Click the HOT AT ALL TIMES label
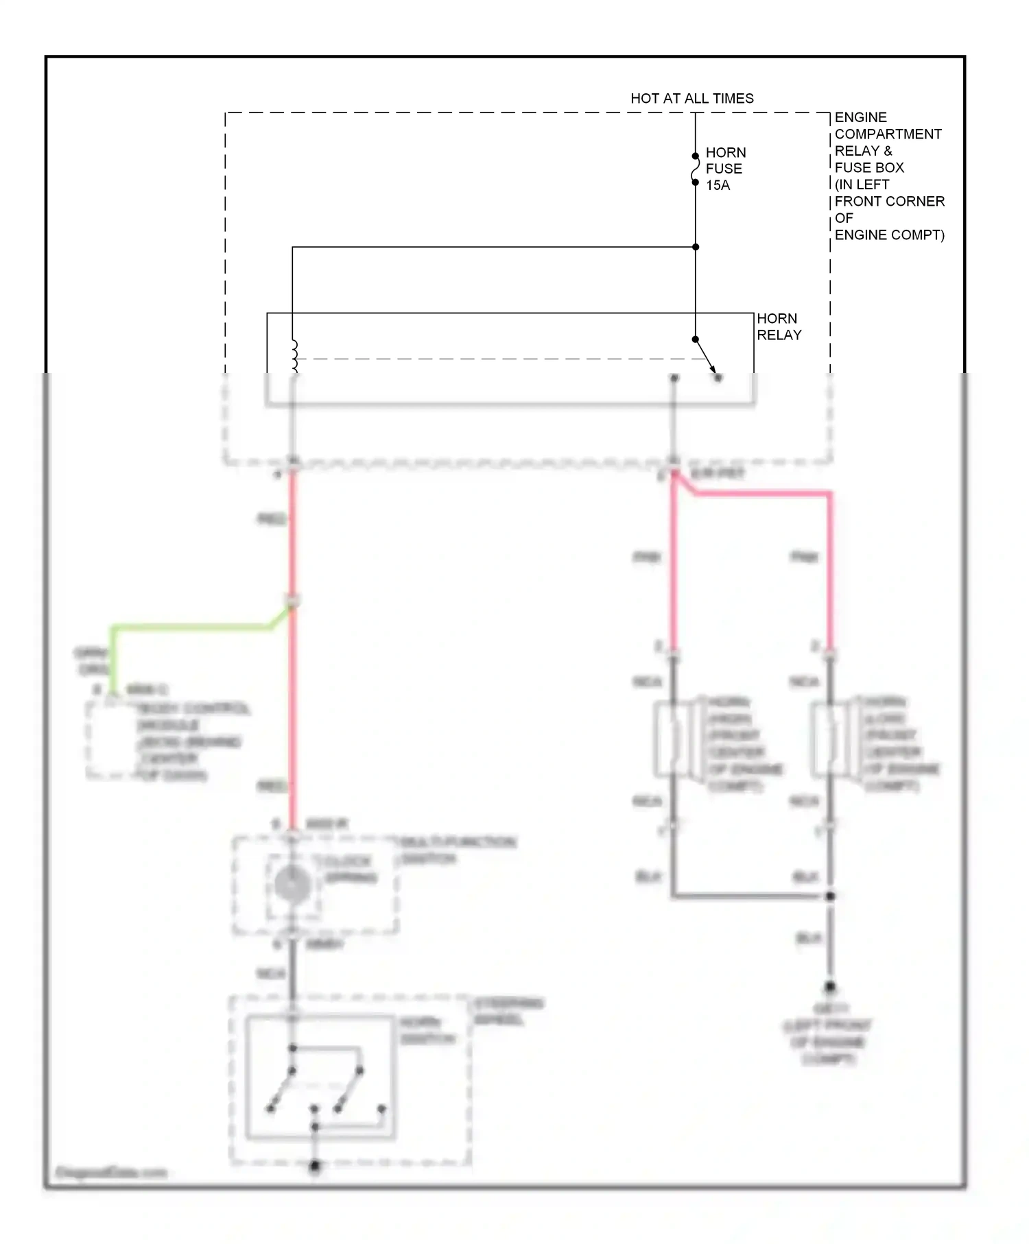(691, 98)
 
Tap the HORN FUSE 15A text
(725, 169)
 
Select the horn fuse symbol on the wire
(695, 169)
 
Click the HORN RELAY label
(779, 326)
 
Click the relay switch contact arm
(706, 358)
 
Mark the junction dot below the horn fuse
(695, 247)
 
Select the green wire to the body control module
(192, 627)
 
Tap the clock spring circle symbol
(293, 884)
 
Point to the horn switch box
(320, 1077)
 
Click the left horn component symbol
(674, 739)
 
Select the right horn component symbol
(830, 739)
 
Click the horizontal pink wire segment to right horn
(761, 492)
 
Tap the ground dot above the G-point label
(830, 987)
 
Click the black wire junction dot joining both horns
(830, 896)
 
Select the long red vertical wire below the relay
(293, 706)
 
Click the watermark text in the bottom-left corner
(110, 1173)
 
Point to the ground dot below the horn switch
(315, 1165)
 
